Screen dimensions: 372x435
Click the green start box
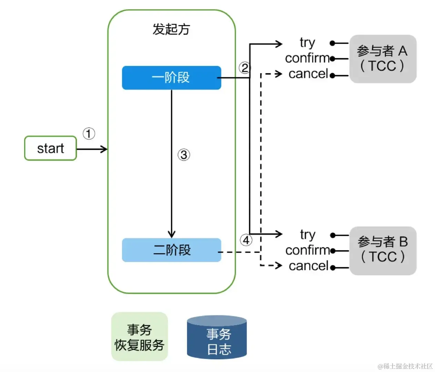pos(50,148)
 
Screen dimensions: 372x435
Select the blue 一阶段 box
pos(171,78)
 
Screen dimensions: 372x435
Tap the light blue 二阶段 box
pos(171,250)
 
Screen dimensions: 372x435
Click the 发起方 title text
pos(171,30)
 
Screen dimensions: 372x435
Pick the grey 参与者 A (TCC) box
pos(383,59)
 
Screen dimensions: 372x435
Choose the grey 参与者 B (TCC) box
pos(383,250)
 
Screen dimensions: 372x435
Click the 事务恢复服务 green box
pos(139,337)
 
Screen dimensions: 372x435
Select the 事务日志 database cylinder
pos(217,338)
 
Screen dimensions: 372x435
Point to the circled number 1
pos(89,134)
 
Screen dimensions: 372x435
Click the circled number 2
pos(244,68)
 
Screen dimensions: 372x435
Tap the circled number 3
pos(184,155)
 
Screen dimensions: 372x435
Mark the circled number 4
pos(246,240)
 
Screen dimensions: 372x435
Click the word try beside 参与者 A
pos(307,43)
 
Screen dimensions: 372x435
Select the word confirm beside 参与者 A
pos(307,58)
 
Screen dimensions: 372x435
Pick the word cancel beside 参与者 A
pos(308,74)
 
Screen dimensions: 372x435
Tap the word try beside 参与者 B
pos(307,235)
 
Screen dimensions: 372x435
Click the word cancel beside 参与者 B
pos(308,266)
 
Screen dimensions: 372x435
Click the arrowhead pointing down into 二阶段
pos(172,235)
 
